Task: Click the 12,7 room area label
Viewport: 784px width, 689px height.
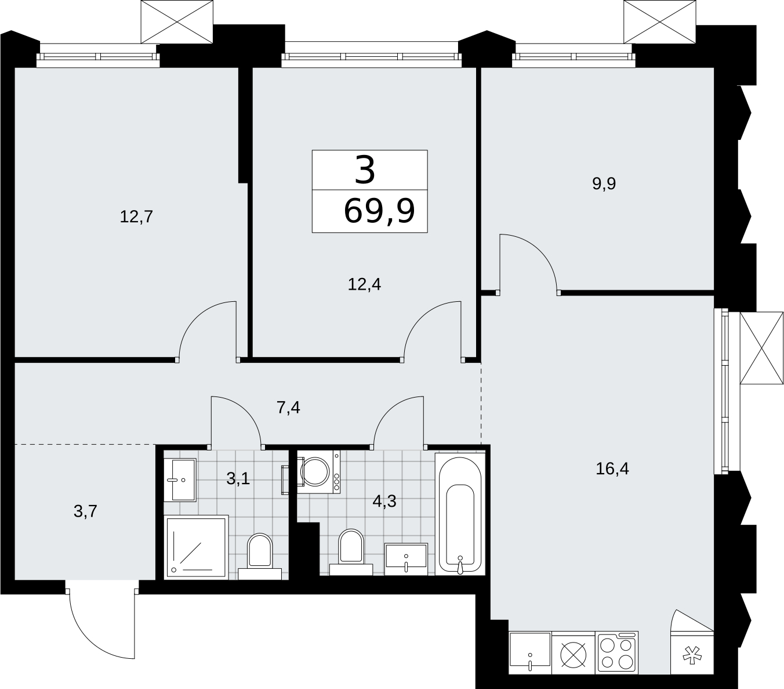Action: click(x=136, y=217)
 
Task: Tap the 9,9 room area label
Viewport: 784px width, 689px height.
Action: click(x=604, y=183)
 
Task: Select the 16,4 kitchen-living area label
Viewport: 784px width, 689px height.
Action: click(x=612, y=468)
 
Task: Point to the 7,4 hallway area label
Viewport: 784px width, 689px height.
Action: click(x=288, y=407)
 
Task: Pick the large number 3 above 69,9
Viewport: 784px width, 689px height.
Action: click(x=365, y=169)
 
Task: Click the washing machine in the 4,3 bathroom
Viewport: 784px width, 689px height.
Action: click(x=318, y=472)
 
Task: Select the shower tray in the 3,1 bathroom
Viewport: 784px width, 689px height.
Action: click(x=196, y=547)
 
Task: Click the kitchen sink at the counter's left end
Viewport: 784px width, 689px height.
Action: click(x=530, y=654)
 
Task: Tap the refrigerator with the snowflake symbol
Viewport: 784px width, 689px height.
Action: click(x=692, y=654)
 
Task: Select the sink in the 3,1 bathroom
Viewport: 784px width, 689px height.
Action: click(x=180, y=480)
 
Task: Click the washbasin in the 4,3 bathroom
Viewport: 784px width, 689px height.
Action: click(x=406, y=559)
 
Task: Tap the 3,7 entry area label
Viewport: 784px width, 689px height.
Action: click(x=85, y=511)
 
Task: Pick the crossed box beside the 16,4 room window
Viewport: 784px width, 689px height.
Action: click(x=761, y=348)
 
